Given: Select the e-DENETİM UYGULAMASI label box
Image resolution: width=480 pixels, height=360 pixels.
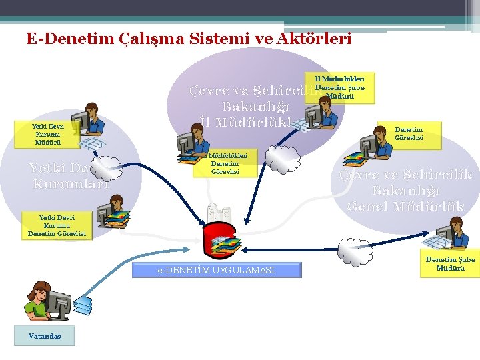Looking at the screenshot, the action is coord(217,269).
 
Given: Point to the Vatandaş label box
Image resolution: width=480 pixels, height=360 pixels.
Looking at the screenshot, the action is coord(44,336).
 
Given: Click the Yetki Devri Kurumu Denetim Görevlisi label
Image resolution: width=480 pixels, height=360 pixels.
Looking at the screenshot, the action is coord(57,225).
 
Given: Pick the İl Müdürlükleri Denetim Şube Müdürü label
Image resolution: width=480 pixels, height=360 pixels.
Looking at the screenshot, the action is coord(339,87).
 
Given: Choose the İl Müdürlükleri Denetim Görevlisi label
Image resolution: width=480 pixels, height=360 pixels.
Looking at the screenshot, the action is coord(225,163).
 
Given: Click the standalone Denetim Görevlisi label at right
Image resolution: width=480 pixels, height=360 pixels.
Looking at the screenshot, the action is coord(408,133).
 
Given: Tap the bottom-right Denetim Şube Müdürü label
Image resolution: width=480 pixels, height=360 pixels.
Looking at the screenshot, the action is coord(450,263).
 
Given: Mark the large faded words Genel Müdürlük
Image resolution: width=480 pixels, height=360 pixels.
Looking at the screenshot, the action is coord(405,206).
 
